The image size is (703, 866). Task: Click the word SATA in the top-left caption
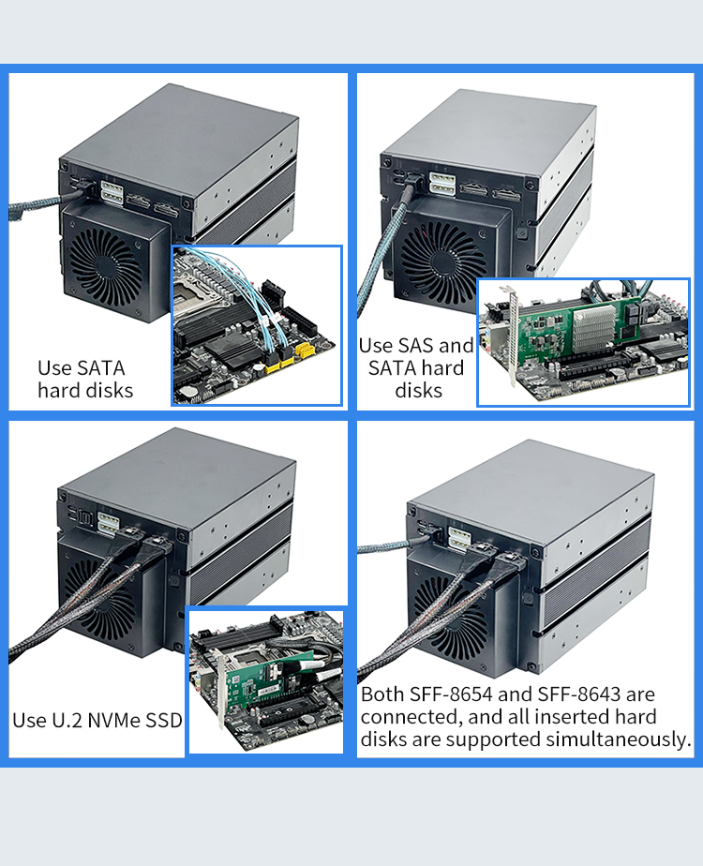[x=101, y=367]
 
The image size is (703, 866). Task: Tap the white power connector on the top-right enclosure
[x=442, y=184]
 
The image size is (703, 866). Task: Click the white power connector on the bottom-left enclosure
[x=108, y=525]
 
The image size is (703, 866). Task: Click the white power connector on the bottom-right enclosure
[x=459, y=540]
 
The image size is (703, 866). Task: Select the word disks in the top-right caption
[x=419, y=391]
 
